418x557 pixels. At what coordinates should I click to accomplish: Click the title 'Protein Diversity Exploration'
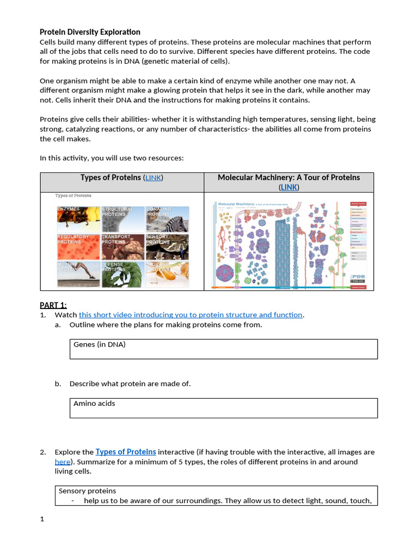[90, 32]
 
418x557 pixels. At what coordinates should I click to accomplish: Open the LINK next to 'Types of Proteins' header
[153, 178]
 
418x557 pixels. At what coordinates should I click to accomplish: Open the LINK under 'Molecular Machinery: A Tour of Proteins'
[289, 187]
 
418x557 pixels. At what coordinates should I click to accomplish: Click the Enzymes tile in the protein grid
[77, 219]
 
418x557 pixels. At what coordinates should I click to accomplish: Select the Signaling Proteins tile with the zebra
[167, 219]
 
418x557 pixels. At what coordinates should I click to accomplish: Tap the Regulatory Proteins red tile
[77, 247]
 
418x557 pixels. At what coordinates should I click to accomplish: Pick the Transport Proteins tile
[122, 247]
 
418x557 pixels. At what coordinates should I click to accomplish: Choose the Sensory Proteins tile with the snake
[167, 247]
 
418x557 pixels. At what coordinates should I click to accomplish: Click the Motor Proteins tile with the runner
[77, 275]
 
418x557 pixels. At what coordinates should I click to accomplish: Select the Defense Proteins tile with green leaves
[122, 275]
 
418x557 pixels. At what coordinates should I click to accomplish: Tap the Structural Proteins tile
[122, 219]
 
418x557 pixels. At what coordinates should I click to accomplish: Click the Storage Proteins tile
[167, 275]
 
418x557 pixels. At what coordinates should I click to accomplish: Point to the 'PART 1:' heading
[53, 305]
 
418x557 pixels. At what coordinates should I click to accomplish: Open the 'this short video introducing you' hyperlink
[190, 315]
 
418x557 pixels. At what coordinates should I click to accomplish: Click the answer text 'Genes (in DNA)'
[100, 345]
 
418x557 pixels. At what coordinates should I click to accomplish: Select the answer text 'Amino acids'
[94, 404]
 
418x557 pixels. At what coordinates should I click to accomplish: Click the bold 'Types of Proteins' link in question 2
[126, 452]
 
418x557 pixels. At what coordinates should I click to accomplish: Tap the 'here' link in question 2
[63, 462]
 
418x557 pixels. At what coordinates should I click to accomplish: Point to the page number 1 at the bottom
[42, 519]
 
